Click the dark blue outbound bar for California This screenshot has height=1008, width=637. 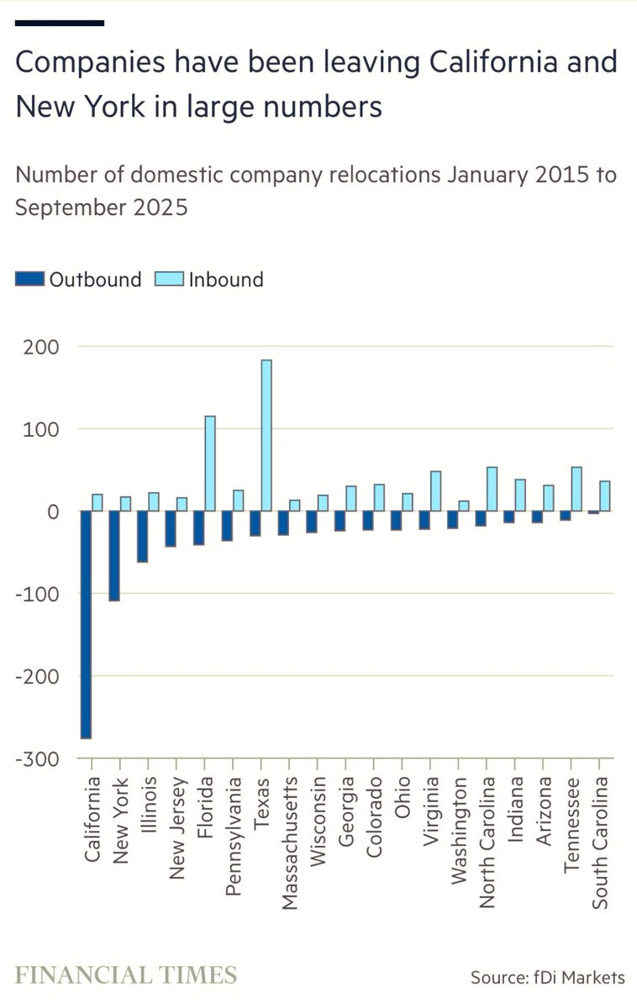[x=86, y=624]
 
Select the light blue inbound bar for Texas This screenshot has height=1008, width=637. [x=266, y=435]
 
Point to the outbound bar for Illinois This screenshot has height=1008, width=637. [x=142, y=536]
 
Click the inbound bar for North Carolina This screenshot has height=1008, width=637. [x=492, y=489]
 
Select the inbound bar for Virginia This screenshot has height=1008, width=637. [x=435, y=491]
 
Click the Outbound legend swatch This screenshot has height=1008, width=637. [x=30, y=280]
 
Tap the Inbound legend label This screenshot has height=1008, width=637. [x=225, y=280]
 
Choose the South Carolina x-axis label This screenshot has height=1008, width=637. [x=600, y=843]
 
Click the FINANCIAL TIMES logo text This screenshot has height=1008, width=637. [x=126, y=975]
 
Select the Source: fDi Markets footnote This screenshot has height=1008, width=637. [x=547, y=977]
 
